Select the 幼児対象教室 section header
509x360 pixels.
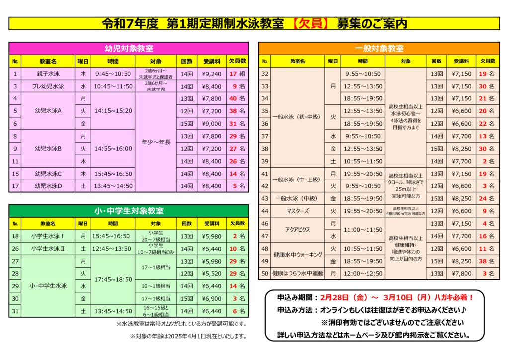pos(129,48)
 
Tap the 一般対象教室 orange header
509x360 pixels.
pos(379,48)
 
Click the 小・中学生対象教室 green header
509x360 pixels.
pos(129,211)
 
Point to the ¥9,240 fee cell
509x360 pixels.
pos(212,74)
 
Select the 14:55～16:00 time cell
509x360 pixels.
pos(113,148)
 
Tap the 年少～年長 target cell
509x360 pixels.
pos(156,142)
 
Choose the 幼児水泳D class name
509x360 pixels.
pos(48,186)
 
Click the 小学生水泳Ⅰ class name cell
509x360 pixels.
pos(48,236)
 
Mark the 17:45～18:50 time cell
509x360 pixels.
pos(113,280)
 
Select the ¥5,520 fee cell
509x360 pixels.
pos(212,273)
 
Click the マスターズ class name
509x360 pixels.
pos(299,211)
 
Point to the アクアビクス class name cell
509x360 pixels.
pos(299,230)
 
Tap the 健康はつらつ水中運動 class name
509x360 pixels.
pos(298,273)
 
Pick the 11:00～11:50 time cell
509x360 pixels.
pos(363,230)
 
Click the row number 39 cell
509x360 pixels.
pos(265,161)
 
